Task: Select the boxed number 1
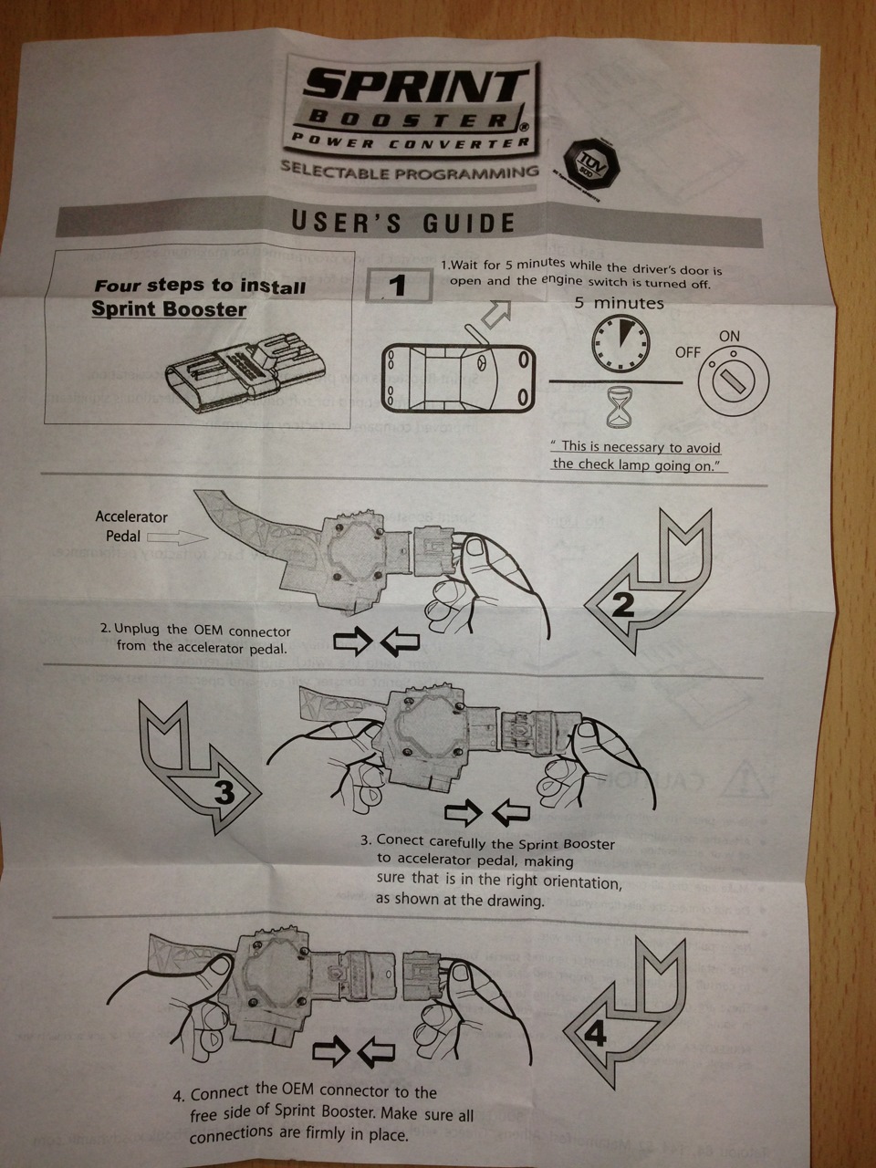397,286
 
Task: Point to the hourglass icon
620,407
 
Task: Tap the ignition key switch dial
732,378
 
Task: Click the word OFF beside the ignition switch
688,352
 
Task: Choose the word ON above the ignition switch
729,336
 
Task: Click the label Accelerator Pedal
131,527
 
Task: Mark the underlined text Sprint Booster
169,308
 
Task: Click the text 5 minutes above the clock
619,303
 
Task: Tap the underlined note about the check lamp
638,455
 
